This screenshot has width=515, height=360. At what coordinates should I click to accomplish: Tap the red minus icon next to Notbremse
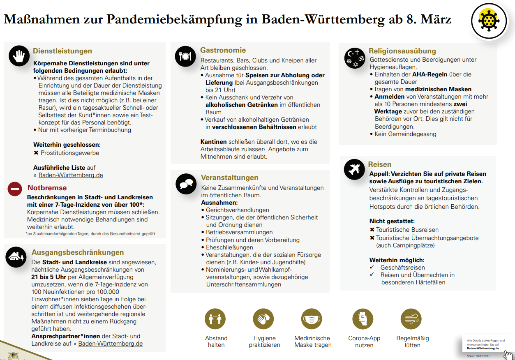[x=15, y=189]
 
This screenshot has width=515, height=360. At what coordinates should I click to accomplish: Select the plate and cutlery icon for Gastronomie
[x=185, y=56]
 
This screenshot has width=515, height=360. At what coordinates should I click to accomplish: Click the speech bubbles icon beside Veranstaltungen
[x=186, y=184]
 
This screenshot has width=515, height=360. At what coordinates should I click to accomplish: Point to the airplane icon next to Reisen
[x=354, y=170]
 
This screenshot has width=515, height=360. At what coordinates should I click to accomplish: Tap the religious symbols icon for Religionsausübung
[x=355, y=56]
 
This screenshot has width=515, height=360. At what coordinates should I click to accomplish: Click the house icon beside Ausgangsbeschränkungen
[x=16, y=257]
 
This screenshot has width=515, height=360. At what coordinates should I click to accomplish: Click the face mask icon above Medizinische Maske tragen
[x=312, y=318]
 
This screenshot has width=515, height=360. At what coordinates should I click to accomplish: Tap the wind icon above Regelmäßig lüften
[x=411, y=318]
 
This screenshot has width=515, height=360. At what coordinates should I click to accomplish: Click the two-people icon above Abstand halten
[x=215, y=318]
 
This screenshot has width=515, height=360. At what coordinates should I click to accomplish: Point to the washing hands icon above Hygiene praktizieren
[x=263, y=318]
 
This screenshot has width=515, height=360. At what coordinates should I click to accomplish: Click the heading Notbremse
[x=47, y=188]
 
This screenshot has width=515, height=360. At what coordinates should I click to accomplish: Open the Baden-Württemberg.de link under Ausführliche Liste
[x=71, y=175]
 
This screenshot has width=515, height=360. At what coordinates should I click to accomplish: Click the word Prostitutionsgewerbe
[x=69, y=153]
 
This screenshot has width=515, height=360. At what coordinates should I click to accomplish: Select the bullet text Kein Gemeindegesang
[x=405, y=134]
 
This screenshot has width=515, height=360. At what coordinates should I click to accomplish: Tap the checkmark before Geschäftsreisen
[x=372, y=267]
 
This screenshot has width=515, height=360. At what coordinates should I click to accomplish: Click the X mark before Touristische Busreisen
[x=372, y=230]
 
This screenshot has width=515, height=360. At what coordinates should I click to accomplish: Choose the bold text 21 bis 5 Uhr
[x=48, y=277]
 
